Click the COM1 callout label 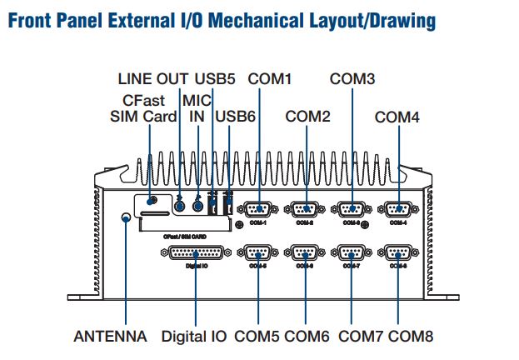tap(269, 80)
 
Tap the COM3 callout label tap(352, 79)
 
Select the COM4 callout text tap(397, 117)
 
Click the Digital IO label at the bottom tap(194, 337)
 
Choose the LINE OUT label tap(154, 80)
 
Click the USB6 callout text tap(234, 117)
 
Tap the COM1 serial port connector tap(257, 210)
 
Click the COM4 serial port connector tap(397, 210)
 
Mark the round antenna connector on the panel tap(126, 218)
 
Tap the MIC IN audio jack tap(198, 205)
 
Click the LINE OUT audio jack tap(180, 205)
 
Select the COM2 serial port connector tap(305, 210)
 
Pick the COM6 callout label tap(307, 337)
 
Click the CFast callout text tap(142, 99)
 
